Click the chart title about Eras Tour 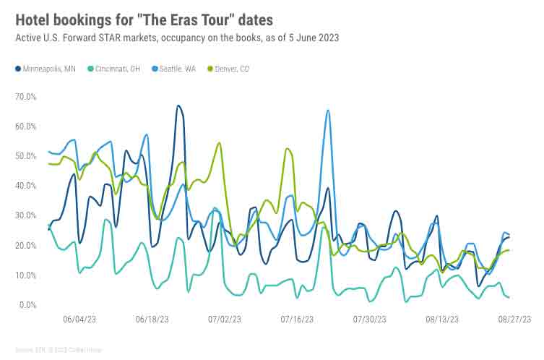click(x=144, y=18)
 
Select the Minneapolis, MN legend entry click(x=46, y=69)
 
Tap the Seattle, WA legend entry click(x=174, y=69)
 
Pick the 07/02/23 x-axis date click(x=225, y=319)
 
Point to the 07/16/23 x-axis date click(x=296, y=319)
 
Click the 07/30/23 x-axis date click(x=370, y=319)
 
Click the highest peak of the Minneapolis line click(x=178, y=106)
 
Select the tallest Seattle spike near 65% click(x=328, y=111)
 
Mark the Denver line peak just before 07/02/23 click(x=219, y=143)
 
